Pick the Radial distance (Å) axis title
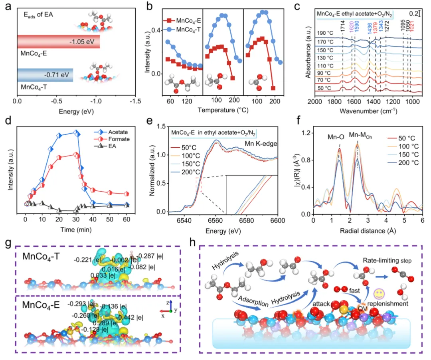[x=368, y=230]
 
